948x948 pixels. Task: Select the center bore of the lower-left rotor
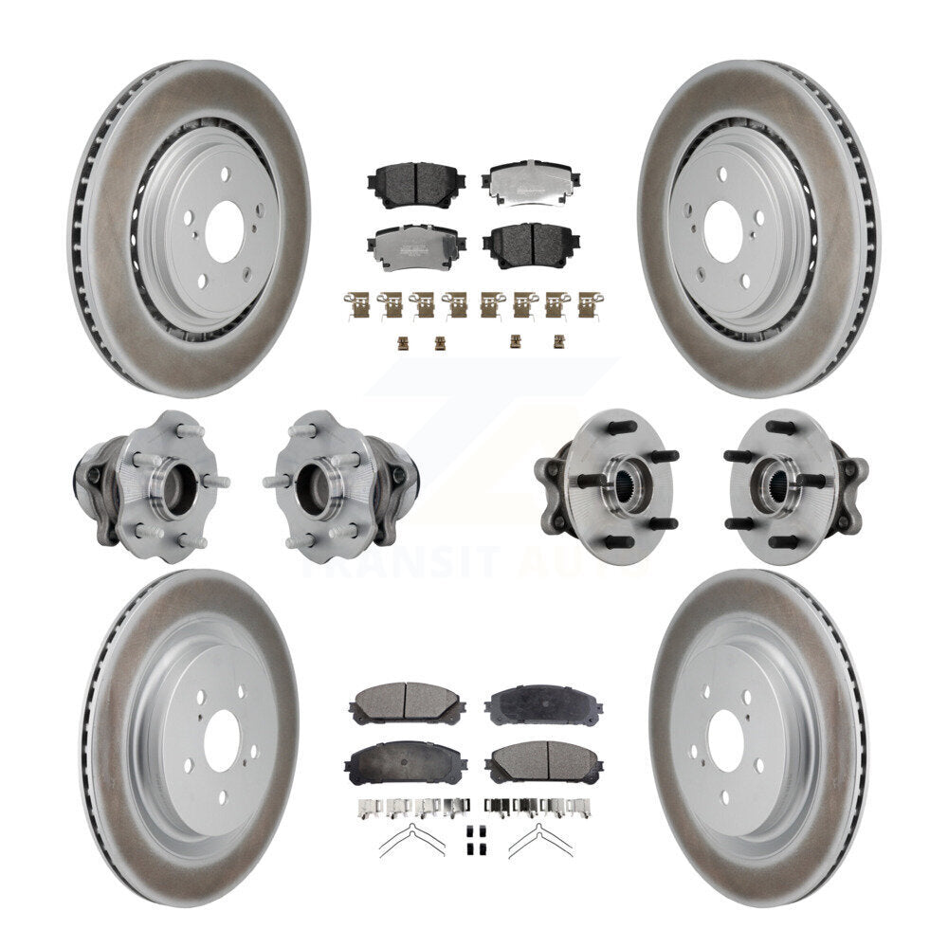coord(222,736)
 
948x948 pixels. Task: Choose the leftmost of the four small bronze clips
coord(402,341)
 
